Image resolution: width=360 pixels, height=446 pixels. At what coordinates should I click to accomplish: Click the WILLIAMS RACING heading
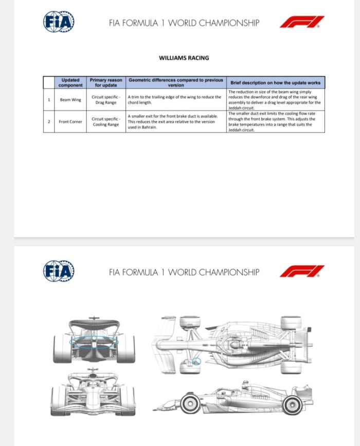pyautogui.click(x=184, y=58)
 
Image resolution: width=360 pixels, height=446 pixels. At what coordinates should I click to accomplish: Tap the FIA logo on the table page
pyautogui.click(x=59, y=22)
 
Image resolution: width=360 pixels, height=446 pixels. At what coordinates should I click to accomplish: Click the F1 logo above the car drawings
pyautogui.click(x=302, y=271)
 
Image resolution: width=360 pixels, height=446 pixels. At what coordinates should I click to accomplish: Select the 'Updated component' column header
pyautogui.click(x=70, y=82)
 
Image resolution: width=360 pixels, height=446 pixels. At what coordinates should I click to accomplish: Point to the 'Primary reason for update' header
pyautogui.click(x=106, y=82)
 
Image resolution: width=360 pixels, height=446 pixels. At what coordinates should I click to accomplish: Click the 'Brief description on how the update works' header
pyautogui.click(x=275, y=82)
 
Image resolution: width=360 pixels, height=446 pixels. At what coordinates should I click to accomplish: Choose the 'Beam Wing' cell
pyautogui.click(x=70, y=100)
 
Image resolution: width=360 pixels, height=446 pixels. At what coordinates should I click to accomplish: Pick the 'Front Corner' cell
pyautogui.click(x=70, y=122)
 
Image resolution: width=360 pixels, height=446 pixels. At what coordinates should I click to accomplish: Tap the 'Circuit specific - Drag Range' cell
pyautogui.click(x=106, y=100)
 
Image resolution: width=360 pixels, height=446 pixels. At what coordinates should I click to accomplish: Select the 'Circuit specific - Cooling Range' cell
pyautogui.click(x=106, y=122)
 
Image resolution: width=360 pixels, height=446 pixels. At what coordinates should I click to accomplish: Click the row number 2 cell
pyautogui.click(x=49, y=122)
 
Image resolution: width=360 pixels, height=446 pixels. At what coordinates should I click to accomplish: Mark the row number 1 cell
pyautogui.click(x=49, y=100)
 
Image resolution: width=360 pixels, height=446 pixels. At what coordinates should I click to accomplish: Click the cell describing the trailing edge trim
pyautogui.click(x=175, y=100)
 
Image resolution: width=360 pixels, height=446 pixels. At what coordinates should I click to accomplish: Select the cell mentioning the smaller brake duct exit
pyautogui.click(x=175, y=122)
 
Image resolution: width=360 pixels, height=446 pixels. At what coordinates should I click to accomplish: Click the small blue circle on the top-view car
pyautogui.click(x=196, y=362)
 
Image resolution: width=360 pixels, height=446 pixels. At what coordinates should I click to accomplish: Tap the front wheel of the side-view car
pyautogui.click(x=190, y=404)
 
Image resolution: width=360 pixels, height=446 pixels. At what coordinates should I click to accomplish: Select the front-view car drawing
pyautogui.click(x=93, y=393)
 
